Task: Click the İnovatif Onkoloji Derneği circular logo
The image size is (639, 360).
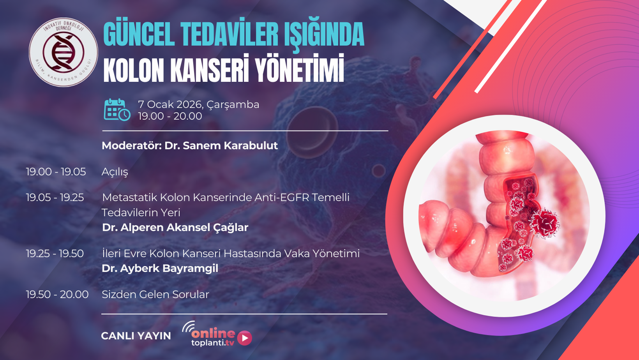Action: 64,52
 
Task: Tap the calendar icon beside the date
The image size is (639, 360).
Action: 117,110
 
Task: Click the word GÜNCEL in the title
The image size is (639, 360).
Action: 139,35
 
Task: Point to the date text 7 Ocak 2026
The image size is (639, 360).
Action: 170,104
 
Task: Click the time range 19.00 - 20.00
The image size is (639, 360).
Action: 170,116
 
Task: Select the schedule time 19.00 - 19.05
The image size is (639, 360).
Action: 56,172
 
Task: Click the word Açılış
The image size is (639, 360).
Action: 115,172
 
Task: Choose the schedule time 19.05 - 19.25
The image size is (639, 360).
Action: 55,198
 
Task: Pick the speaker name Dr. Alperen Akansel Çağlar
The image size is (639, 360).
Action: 175,228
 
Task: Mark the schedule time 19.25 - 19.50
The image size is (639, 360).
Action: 55,254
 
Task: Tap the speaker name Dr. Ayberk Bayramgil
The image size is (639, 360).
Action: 160,268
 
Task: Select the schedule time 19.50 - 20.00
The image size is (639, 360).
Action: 57,295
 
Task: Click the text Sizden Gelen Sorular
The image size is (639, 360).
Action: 155,295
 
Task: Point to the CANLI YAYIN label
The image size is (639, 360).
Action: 136,336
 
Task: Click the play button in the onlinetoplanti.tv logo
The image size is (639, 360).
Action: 245,338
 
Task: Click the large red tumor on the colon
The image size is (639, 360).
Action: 545,223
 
